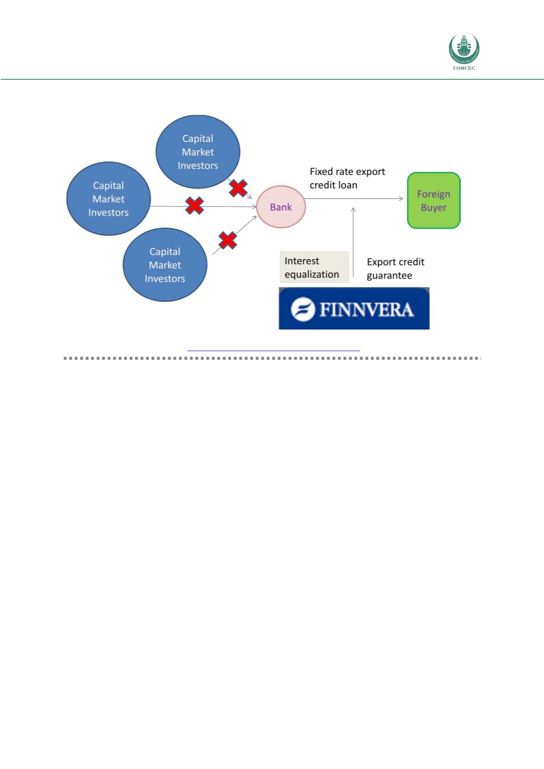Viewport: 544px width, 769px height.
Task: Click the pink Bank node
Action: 281,207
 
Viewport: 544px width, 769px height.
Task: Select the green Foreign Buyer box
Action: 433,200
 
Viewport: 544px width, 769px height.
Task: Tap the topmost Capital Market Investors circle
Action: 198,152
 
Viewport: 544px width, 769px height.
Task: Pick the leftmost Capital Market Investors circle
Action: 108,199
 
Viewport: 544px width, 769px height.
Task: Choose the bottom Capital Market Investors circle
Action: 165,265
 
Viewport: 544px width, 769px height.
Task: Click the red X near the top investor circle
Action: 238,188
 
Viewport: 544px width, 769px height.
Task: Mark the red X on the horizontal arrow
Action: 195,206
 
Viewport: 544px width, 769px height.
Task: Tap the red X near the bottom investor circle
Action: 227,240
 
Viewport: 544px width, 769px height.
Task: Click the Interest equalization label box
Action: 313,267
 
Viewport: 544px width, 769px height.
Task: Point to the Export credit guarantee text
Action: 395,269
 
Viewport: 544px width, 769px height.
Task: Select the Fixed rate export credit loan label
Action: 347,178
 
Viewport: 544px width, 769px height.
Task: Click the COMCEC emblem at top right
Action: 464,48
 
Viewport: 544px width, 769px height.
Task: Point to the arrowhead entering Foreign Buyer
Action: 401,199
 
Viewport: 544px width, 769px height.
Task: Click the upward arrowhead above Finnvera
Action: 353,209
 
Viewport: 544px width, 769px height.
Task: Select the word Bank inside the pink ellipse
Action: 281,207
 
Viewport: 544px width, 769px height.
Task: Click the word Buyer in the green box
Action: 433,208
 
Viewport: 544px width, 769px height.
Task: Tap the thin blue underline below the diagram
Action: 273,350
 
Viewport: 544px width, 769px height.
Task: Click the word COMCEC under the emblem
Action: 464,69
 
